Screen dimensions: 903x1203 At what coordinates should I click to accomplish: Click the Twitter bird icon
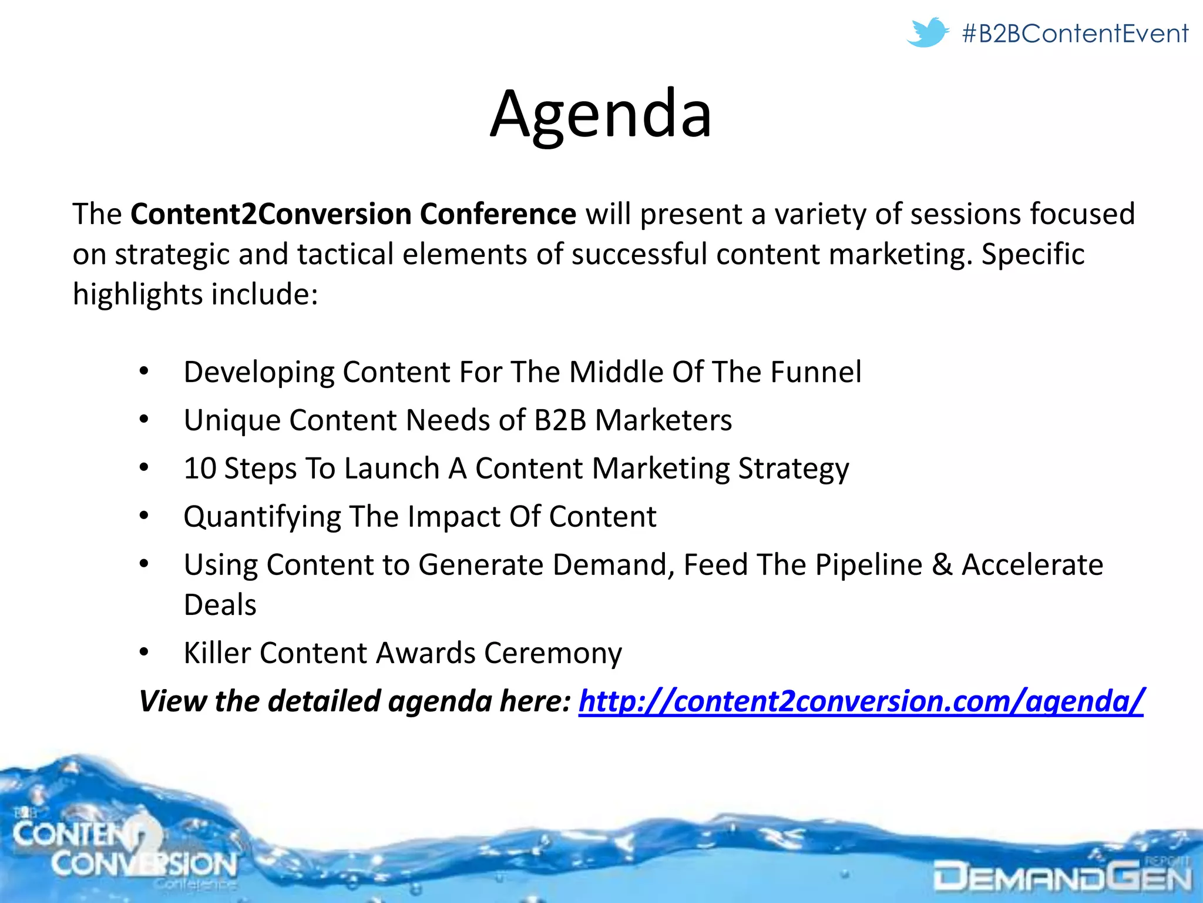coord(927,32)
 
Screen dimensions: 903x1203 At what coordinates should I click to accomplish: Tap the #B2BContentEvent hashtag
coord(1075,34)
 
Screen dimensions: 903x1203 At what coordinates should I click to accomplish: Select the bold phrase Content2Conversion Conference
coord(352,214)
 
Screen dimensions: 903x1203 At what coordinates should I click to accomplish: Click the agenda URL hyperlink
coord(861,701)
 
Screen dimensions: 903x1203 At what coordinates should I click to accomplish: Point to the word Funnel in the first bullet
coord(816,372)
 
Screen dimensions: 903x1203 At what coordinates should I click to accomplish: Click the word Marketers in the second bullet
coord(663,420)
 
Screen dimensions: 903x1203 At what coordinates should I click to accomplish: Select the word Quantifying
coord(262,517)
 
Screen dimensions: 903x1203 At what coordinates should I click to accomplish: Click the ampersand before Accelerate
coord(942,565)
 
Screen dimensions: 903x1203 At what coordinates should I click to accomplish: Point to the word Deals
coord(220,605)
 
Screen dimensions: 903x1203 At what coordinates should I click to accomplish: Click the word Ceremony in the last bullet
coord(553,653)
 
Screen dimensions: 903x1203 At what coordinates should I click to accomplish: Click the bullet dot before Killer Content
coord(145,653)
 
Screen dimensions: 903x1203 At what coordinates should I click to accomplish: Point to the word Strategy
coord(793,469)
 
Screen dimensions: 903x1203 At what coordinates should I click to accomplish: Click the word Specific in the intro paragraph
coord(1033,255)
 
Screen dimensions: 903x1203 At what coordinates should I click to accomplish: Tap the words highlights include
coord(194,295)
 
